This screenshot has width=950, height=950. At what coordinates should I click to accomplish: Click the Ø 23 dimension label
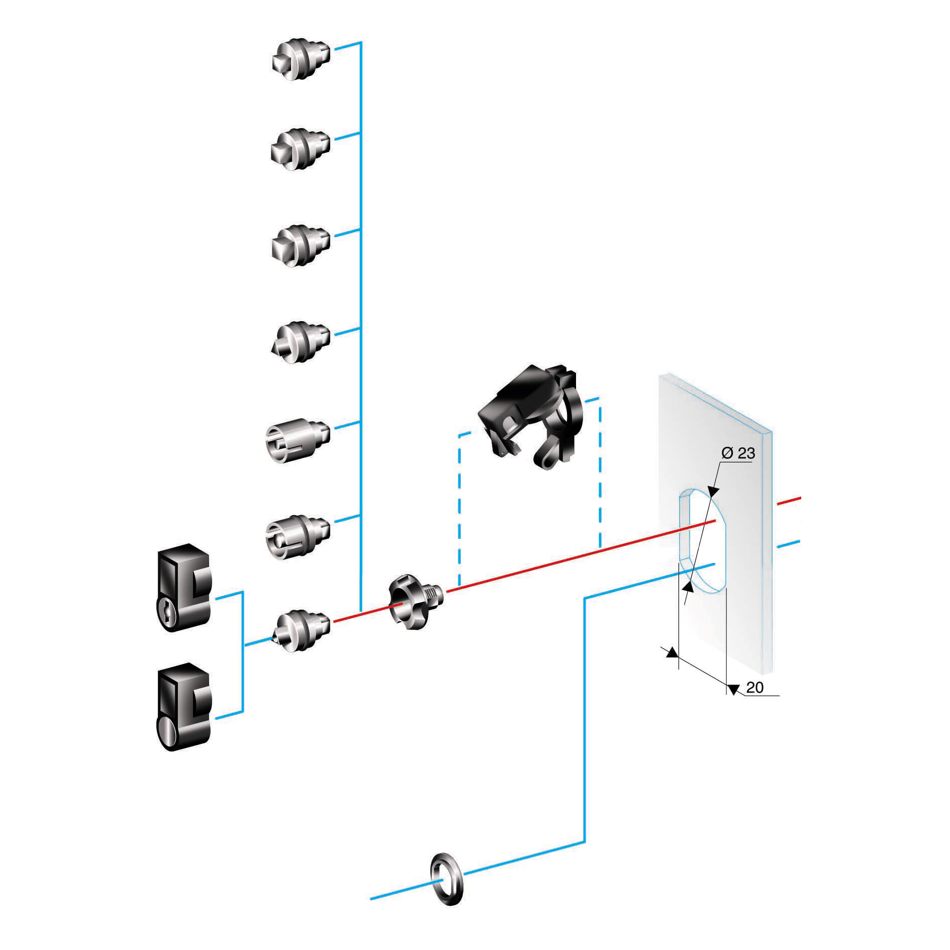(x=738, y=453)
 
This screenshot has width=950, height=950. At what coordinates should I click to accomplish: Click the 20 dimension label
(x=754, y=687)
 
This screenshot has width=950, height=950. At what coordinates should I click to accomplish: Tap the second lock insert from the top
(x=301, y=149)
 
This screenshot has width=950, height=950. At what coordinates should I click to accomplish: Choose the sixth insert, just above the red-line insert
(x=298, y=536)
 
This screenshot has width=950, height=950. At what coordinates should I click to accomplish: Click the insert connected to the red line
(x=302, y=630)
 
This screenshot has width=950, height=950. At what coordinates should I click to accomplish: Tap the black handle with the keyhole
(x=184, y=587)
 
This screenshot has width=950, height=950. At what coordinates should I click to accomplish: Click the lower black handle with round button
(x=184, y=706)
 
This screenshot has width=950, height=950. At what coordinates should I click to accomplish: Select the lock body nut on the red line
(x=415, y=601)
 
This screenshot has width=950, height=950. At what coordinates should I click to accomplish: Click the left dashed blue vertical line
(x=459, y=508)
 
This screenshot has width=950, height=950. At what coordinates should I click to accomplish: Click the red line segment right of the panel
(x=788, y=501)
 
